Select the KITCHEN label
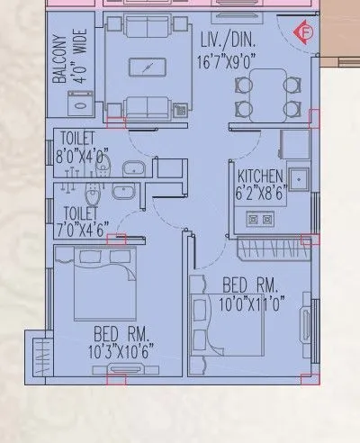[260, 176]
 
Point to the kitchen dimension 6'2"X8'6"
[260, 191]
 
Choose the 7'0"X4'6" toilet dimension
[82, 227]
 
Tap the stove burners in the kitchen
[259, 218]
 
